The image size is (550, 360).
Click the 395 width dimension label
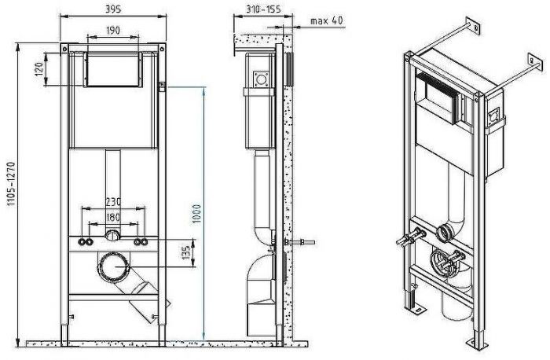point(113,9)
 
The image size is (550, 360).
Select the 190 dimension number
point(113,31)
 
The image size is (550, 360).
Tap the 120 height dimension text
point(39,69)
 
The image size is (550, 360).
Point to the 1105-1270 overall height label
point(11,183)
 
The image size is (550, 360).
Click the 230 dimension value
point(113,202)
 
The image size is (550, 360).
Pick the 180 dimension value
point(113,218)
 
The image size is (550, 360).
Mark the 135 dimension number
point(186,253)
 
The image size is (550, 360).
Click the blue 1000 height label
point(196,214)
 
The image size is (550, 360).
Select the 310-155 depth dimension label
point(263,9)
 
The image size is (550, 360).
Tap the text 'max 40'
point(326,20)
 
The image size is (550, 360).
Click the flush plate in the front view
point(113,69)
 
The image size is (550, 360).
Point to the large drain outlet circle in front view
point(113,266)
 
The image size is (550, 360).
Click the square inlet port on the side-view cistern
point(261,79)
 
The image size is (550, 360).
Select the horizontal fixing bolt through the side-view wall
point(299,242)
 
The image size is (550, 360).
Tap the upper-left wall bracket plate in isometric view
point(472,26)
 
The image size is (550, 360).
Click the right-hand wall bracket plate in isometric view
point(535,63)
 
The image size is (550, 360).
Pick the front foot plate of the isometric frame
point(478,344)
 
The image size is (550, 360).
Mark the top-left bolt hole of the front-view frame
point(64,49)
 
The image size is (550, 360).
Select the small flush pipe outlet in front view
point(112,234)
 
